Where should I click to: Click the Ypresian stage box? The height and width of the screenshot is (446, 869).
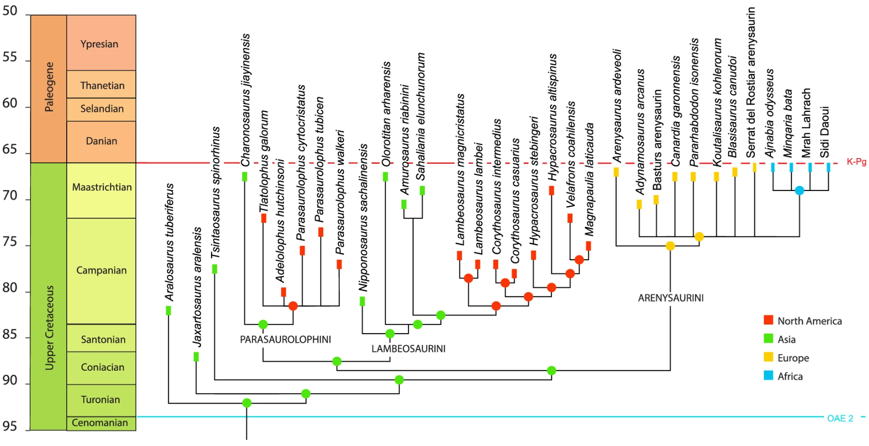tap(101, 43)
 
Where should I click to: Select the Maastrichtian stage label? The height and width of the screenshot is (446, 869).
tap(102, 187)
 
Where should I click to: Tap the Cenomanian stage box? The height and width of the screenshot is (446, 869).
tap(101, 423)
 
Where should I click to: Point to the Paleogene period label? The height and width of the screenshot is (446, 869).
tap(49, 87)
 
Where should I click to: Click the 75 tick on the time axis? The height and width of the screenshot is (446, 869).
tap(10, 242)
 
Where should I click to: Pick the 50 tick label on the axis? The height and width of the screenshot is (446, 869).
tap(10, 11)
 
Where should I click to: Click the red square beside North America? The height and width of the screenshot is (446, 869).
tap(768, 320)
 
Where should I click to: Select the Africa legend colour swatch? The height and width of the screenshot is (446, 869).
tap(768, 375)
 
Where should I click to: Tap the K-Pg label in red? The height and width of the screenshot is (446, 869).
tap(856, 162)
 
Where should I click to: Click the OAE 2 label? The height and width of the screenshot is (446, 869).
tap(840, 418)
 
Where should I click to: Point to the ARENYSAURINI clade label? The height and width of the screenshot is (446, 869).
tap(671, 298)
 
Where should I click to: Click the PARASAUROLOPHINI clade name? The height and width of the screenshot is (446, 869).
tap(285, 340)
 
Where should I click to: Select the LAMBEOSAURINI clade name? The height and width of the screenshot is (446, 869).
tap(408, 349)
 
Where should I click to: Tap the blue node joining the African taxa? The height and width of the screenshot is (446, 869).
tap(799, 191)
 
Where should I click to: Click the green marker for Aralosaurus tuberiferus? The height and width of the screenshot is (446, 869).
tap(168, 311)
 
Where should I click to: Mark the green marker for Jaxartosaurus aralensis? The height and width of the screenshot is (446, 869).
tap(196, 357)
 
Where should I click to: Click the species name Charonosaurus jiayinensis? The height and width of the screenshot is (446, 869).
tap(245, 100)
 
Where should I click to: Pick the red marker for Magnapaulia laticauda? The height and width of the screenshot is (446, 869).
tap(588, 246)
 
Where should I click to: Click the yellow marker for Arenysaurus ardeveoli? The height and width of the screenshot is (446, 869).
tap(616, 172)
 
